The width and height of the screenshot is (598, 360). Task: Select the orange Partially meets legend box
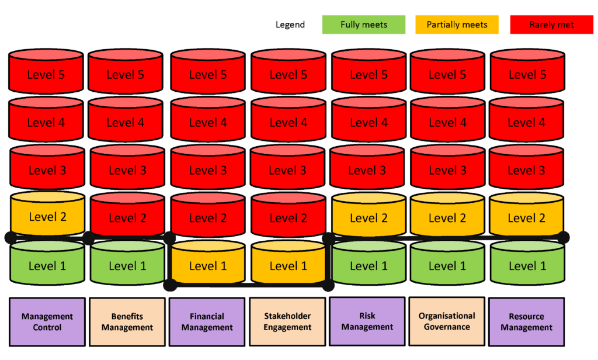click(x=457, y=25)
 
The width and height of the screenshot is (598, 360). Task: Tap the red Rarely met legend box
click(x=551, y=25)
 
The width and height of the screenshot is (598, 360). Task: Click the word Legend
click(x=290, y=25)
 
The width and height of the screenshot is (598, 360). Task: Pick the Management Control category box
click(x=47, y=322)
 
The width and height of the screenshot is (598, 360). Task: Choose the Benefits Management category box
click(x=127, y=322)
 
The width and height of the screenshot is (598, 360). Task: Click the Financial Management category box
click(x=207, y=322)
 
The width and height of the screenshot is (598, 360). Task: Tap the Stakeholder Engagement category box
click(x=287, y=321)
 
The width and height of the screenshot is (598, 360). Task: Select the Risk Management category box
click(x=367, y=321)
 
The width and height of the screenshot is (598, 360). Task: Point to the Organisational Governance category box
click(x=447, y=321)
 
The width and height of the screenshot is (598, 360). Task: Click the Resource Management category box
click(x=526, y=322)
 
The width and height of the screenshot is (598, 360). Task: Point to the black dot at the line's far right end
click(x=564, y=237)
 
